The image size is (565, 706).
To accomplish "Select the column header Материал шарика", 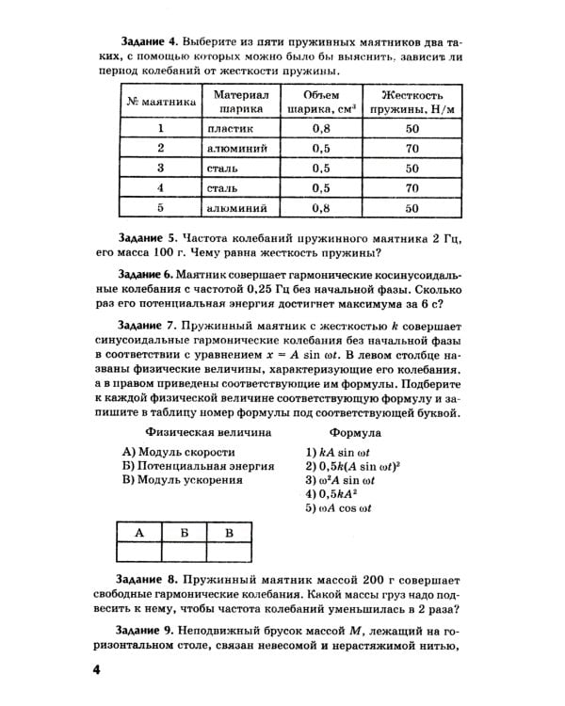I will click(241, 102).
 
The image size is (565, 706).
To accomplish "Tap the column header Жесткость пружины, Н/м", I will click(412, 102).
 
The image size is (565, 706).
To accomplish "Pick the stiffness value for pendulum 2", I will click(412, 149).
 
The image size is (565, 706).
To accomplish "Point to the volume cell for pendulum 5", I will click(320, 208).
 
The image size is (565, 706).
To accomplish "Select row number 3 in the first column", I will click(161, 168).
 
